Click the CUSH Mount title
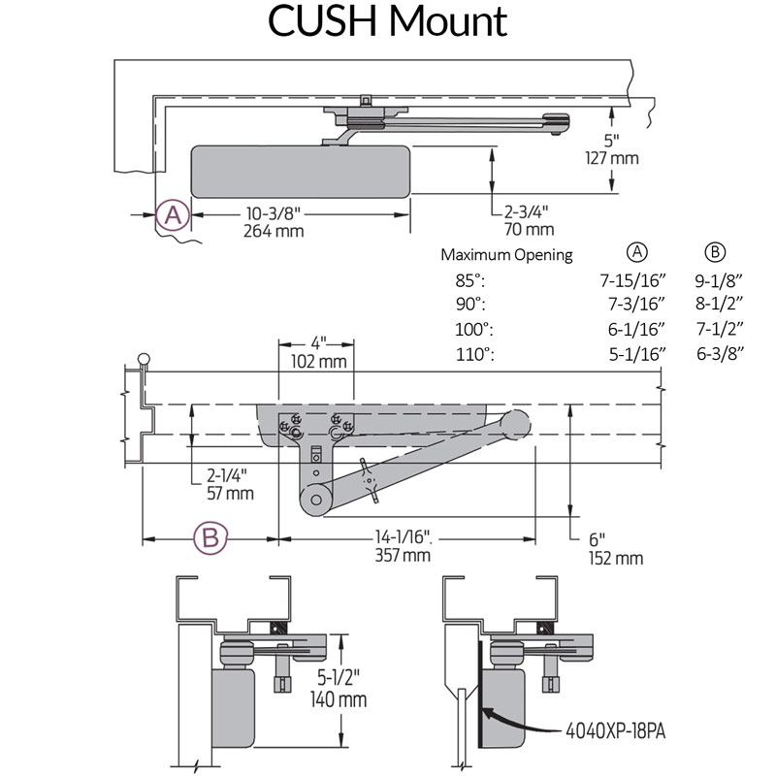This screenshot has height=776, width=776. coord(388,22)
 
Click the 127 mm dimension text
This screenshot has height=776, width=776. coord(612,158)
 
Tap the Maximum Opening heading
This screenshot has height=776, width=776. coord(507,255)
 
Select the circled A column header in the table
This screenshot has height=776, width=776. coord(637,252)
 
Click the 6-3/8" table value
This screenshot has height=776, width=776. coord(719,354)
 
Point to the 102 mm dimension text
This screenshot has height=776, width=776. coord(318,363)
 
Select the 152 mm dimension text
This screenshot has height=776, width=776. coord(615,558)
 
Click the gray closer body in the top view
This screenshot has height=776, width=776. coord(301,169)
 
